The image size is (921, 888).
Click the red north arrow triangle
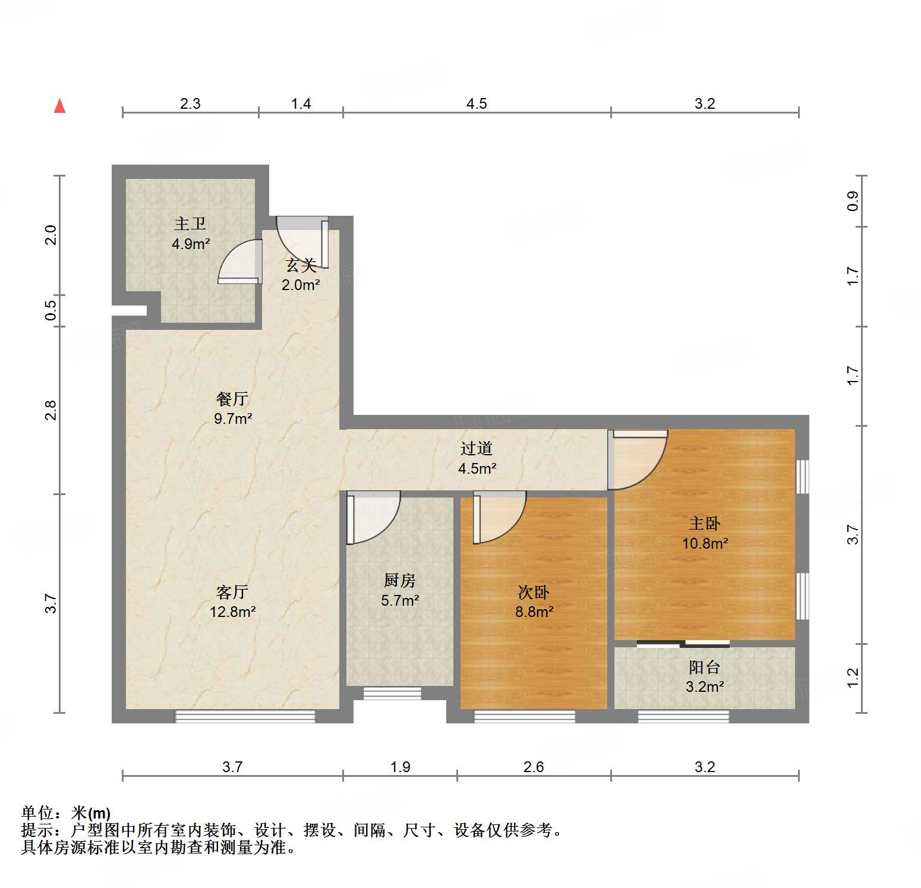point(59,106)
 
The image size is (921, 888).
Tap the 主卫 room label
point(190,224)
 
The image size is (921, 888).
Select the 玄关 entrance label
point(301,266)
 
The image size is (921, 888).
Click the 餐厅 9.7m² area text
point(233,418)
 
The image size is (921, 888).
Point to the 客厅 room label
point(232,592)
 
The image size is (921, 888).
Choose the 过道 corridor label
point(477,449)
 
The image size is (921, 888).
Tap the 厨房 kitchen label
point(399,580)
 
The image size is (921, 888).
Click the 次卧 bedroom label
point(534,592)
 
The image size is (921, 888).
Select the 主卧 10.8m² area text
point(705,543)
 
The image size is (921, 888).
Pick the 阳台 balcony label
point(705,667)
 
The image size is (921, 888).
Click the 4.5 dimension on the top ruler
point(477,104)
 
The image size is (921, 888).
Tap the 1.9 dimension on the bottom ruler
point(400,767)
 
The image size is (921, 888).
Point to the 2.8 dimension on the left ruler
point(51,410)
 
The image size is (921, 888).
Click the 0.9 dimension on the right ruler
point(853,201)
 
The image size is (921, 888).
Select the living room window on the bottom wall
point(245,716)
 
